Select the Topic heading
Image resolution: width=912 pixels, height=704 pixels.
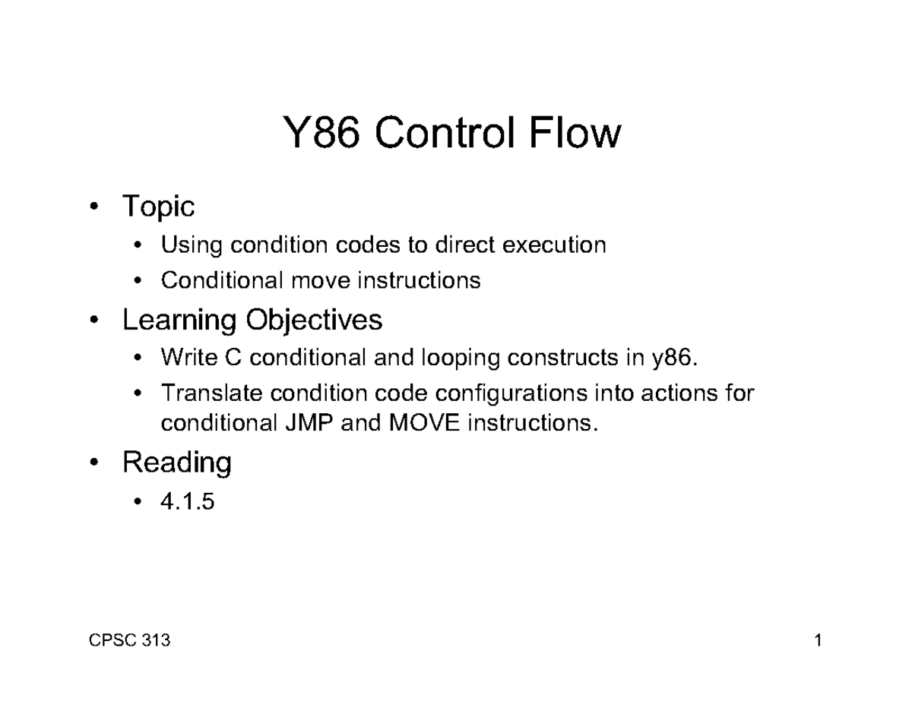coord(158,207)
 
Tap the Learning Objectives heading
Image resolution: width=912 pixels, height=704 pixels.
coord(252,320)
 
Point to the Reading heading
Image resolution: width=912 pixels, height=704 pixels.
coord(176,462)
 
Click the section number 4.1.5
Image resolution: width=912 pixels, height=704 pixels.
coord(187,501)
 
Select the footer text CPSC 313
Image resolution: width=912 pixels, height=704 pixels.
coord(130,641)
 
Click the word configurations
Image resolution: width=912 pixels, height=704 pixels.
coord(515,393)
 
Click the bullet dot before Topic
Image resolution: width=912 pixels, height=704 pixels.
coord(93,207)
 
